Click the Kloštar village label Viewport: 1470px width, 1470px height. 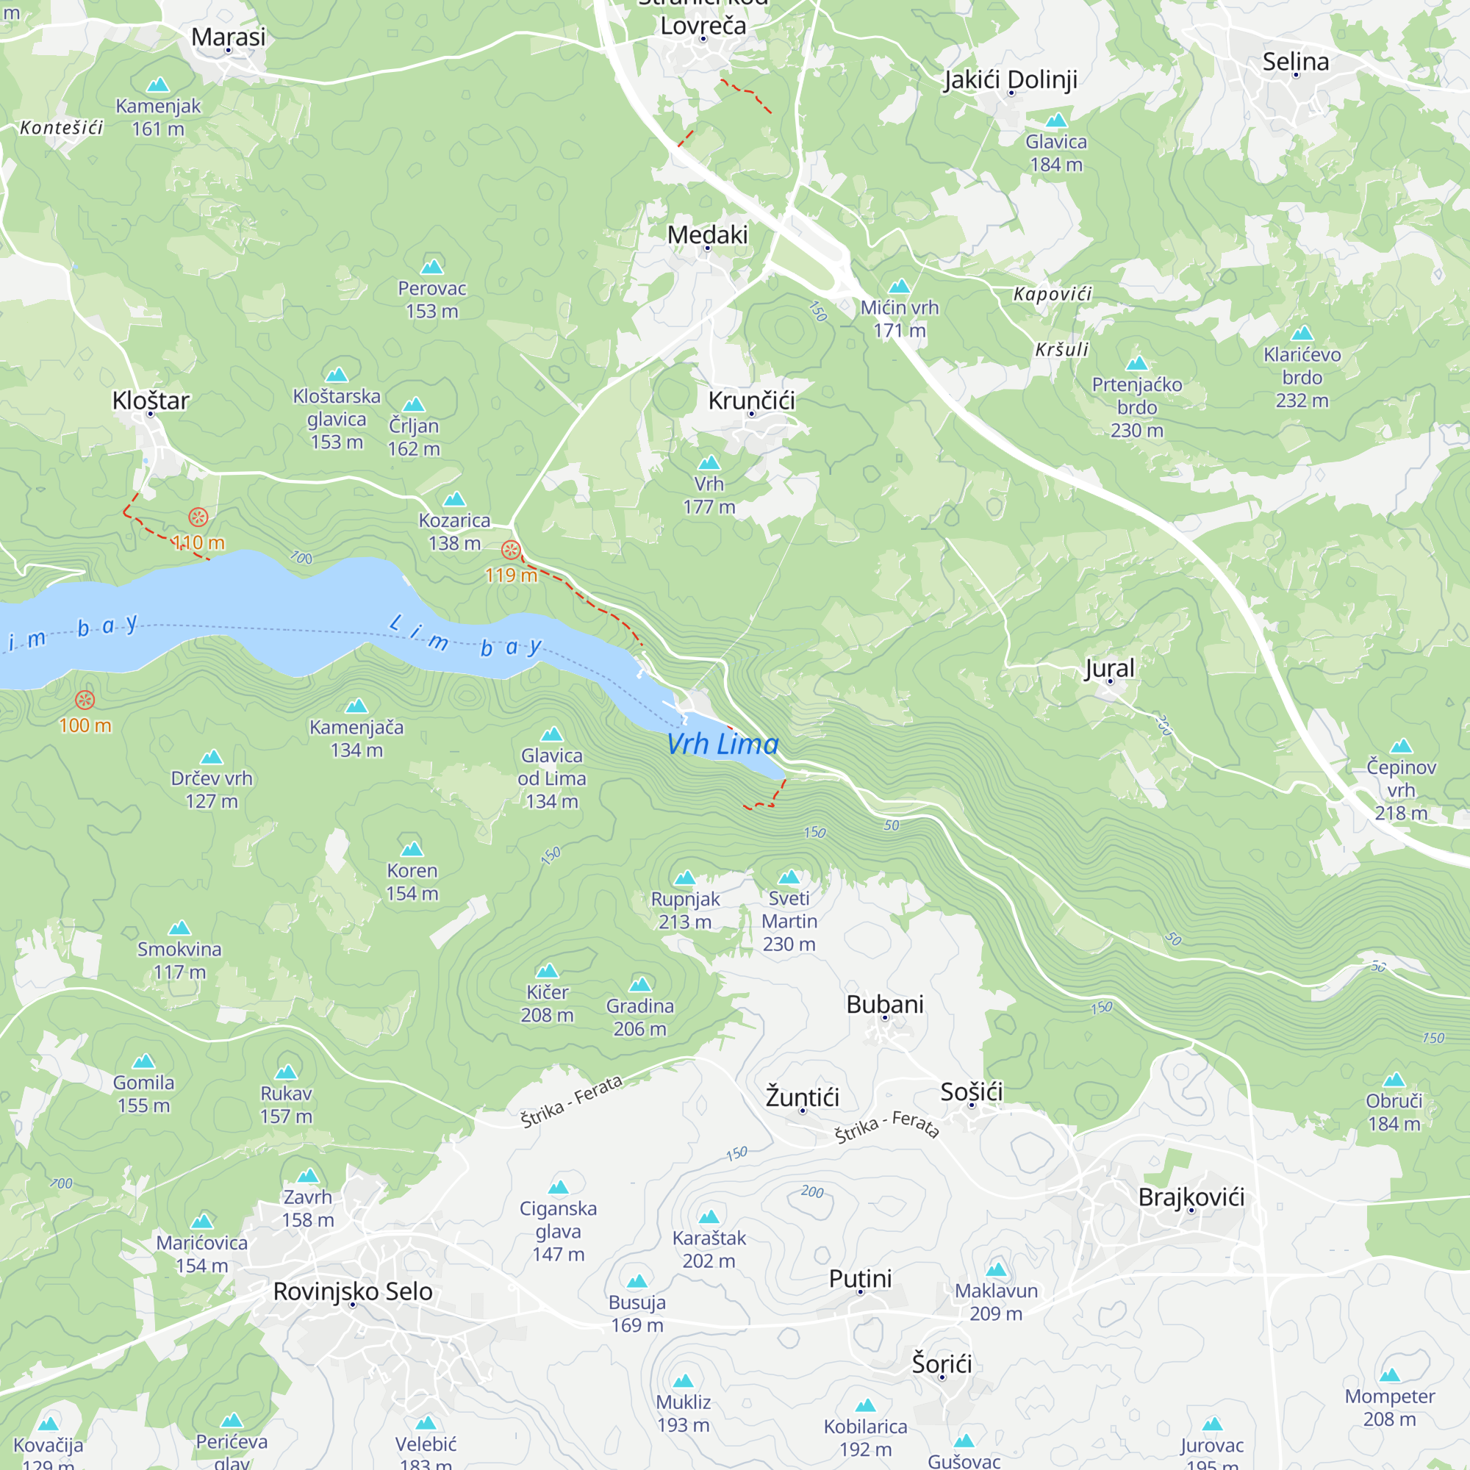coord(151,401)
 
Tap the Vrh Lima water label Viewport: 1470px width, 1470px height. coord(722,744)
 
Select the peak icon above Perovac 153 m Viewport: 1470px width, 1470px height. coord(432,266)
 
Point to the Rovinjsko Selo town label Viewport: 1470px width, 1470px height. coord(352,1291)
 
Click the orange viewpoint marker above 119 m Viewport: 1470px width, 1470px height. coord(512,549)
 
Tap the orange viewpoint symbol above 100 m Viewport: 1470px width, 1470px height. coord(85,700)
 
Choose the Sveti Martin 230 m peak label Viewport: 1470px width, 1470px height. coord(789,921)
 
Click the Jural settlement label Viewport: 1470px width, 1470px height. coord(1108,668)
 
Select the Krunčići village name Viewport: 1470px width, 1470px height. coord(751,401)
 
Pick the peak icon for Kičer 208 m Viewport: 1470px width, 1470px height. coord(547,971)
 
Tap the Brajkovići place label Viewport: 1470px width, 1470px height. coord(1191,1197)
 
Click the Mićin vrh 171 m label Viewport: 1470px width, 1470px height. coord(900,318)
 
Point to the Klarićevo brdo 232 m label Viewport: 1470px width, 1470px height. coord(1302,376)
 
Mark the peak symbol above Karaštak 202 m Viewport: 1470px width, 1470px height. coord(709,1216)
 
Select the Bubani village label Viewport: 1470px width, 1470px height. coord(884,1003)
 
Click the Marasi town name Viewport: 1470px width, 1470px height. coord(229,37)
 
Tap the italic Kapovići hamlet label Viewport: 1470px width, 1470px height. coord(1052,294)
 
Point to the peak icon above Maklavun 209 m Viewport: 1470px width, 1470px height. coord(996,1269)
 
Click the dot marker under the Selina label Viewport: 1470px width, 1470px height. coord(1295,75)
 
